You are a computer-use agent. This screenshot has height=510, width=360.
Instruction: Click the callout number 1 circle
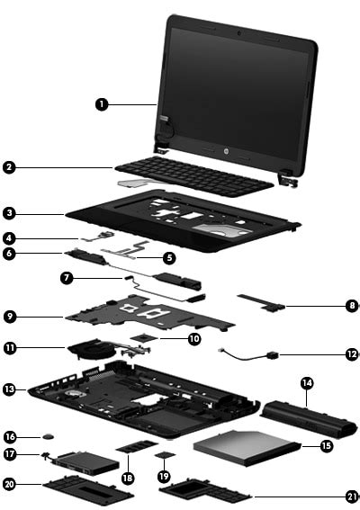coord(102,104)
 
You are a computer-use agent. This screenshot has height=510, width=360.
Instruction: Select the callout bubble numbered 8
coord(351,306)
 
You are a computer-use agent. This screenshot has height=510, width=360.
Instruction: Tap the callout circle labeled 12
coord(351,354)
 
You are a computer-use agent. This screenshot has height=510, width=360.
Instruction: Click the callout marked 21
coord(351,495)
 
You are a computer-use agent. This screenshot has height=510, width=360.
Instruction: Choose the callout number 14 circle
coord(308,383)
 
